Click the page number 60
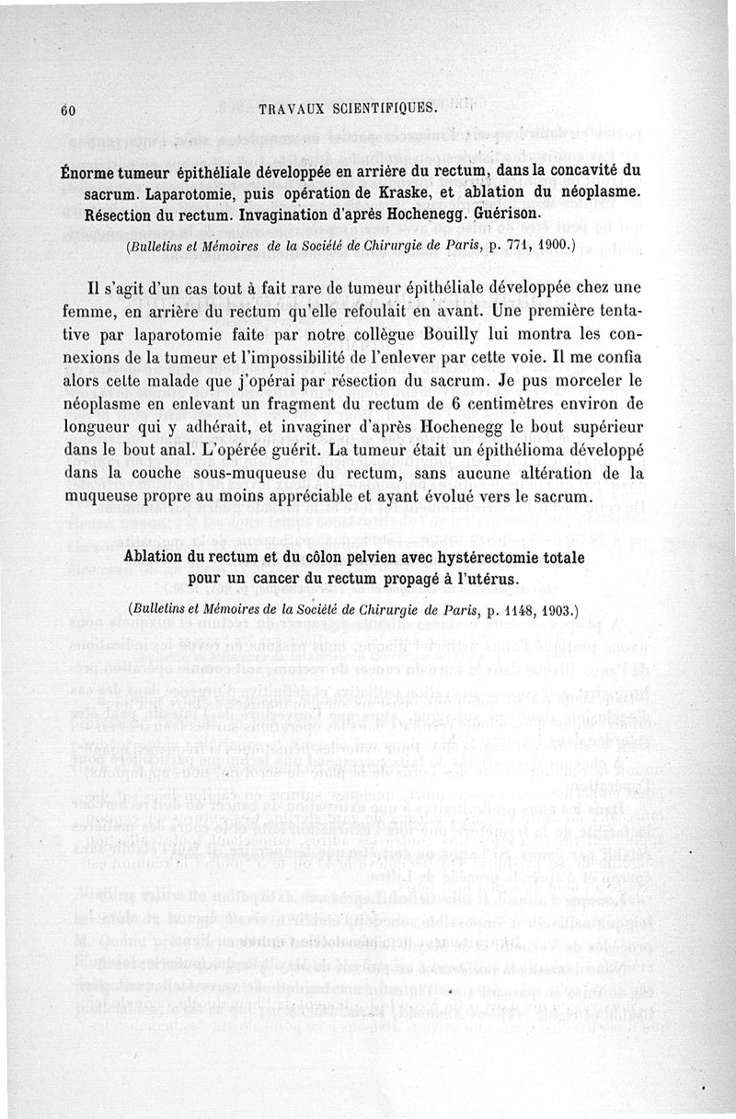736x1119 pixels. (67, 109)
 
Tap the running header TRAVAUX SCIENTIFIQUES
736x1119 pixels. (349, 108)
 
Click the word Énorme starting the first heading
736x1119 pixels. (90, 171)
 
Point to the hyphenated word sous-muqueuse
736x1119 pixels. (235, 473)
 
